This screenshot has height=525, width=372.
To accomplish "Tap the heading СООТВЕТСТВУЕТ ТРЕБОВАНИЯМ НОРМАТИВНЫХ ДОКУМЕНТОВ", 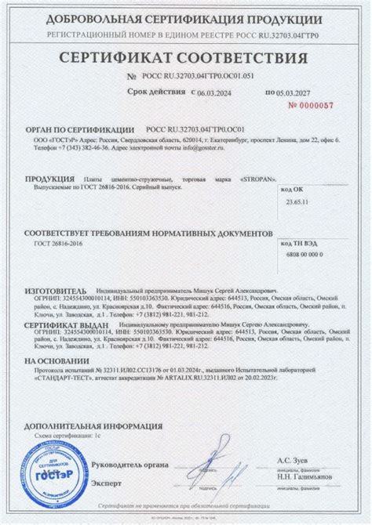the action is [148, 234].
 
